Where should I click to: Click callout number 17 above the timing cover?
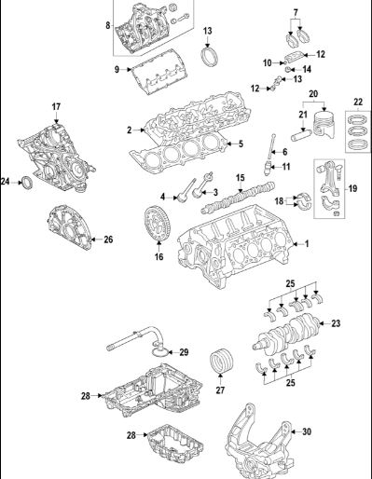click(56, 107)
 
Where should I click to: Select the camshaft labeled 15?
click(239, 198)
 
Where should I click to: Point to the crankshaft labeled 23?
click(286, 336)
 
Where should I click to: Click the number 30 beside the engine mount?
click(307, 431)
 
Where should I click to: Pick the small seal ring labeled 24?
click(27, 183)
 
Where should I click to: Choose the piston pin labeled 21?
click(301, 134)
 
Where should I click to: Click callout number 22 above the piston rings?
click(358, 102)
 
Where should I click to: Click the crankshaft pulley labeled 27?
click(221, 361)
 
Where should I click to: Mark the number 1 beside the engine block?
click(307, 244)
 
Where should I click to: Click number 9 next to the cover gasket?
click(117, 69)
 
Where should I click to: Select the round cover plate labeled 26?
click(70, 226)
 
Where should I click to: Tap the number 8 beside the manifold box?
click(108, 25)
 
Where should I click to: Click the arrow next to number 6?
click(275, 152)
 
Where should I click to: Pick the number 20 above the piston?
click(313, 93)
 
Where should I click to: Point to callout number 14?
click(307, 69)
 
